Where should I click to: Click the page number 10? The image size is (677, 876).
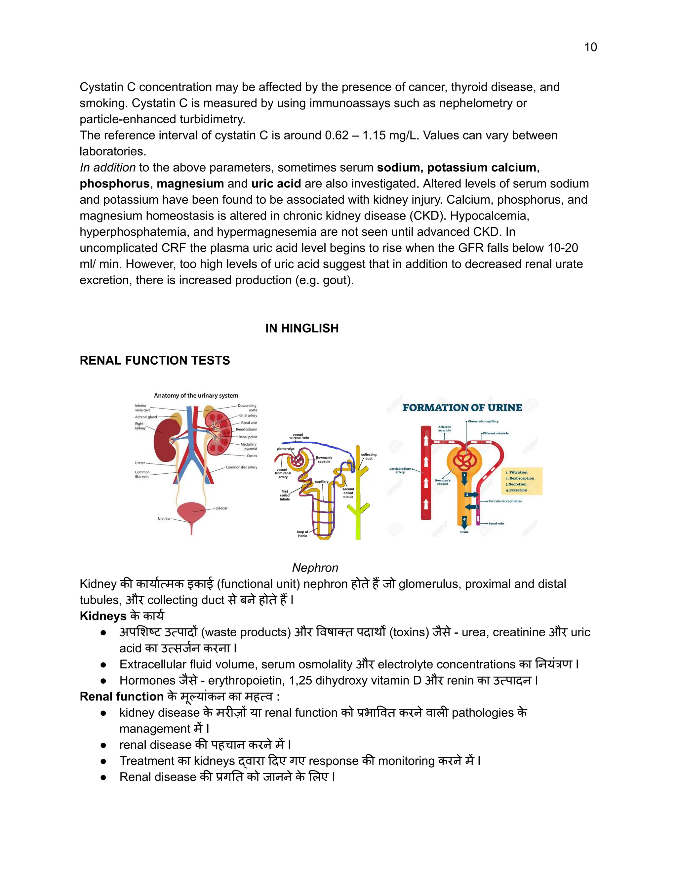tap(590, 47)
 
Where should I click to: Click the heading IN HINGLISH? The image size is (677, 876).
tap(301, 328)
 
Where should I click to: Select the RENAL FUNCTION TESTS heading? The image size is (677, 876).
tap(155, 360)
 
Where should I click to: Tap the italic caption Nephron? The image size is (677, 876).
tap(315, 568)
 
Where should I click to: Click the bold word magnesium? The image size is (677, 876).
tap(190, 184)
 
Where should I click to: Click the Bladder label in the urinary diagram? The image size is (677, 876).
tap(221, 508)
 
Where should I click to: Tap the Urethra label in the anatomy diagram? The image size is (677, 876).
tap(164, 518)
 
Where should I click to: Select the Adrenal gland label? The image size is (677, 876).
tap(146, 417)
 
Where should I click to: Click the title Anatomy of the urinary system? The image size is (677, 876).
tap(196, 395)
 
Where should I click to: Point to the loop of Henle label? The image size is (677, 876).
tap(302, 534)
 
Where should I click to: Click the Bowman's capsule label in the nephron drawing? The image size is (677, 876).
tap(324, 459)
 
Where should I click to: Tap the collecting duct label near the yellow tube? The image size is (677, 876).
tap(369, 457)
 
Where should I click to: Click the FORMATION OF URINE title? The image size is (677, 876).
tap(462, 408)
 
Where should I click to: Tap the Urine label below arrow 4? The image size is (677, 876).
tap(464, 532)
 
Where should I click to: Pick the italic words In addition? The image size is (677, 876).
tap(107, 168)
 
